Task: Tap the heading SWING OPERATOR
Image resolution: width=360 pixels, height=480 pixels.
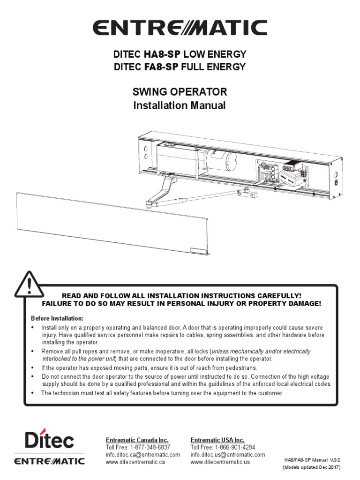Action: point(180,91)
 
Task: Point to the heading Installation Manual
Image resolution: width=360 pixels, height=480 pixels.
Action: point(180,105)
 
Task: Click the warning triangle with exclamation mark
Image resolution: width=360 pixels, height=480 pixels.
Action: point(29,285)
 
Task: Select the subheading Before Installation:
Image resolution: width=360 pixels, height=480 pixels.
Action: point(57,318)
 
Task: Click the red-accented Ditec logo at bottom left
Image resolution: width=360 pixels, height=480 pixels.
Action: point(49,440)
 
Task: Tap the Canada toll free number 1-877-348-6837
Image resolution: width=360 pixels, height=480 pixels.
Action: point(150,448)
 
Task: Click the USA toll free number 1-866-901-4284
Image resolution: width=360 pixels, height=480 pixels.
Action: point(235,448)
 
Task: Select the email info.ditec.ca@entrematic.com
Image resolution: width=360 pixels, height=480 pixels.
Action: point(143,455)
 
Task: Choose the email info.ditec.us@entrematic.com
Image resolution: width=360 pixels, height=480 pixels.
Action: point(228,455)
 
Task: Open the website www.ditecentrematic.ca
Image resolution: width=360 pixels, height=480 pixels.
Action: point(135,462)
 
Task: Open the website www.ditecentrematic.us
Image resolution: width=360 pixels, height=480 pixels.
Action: point(220,462)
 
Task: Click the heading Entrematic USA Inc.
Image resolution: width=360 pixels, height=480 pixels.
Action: point(217,440)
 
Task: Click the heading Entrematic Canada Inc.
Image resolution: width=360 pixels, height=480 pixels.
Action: point(136,440)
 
